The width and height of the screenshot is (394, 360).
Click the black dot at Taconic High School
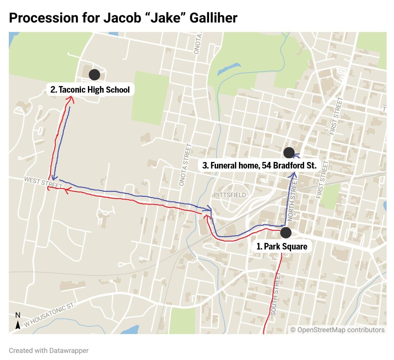[x=94, y=74]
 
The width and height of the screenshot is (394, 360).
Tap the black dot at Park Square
[x=286, y=232]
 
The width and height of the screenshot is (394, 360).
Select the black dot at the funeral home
[x=289, y=152]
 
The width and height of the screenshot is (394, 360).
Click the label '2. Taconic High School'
[x=90, y=89]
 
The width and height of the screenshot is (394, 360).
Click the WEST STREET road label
[x=39, y=182]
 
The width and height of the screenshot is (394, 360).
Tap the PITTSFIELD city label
[x=230, y=195]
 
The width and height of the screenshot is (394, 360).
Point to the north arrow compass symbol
[x=18, y=321]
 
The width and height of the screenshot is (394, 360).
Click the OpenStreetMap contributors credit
[x=337, y=330]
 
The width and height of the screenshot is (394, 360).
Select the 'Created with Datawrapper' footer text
[x=49, y=351]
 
